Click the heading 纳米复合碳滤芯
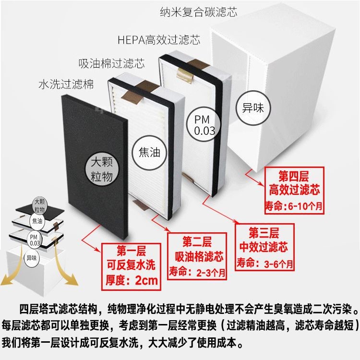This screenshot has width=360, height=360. coord(198,12)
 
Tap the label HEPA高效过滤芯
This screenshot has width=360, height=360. coord(159,40)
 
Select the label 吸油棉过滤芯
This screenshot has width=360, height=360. coord(111,63)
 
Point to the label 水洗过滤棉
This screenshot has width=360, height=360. coord(66,84)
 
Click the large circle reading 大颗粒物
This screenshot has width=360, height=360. coord(102,169)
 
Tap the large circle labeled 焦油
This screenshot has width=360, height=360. coord(149,153)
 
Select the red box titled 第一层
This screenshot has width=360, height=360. coord(131,267)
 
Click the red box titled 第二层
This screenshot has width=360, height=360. coord(197,256)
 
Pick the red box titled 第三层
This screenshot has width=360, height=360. coord(264,247)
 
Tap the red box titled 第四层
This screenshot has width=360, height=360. coord(294,191)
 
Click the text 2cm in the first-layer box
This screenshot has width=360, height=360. coord(146,280)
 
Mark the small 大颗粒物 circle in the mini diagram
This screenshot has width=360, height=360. coord(39,206)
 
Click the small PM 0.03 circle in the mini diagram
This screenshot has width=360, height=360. coord(35,240)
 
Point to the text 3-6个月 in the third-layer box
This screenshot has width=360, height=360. coord(278,264)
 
